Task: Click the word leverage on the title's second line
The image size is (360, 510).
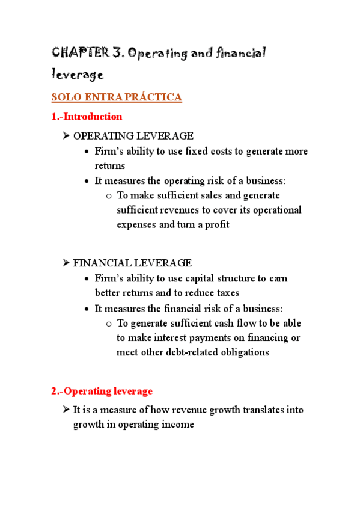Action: [x=78, y=75]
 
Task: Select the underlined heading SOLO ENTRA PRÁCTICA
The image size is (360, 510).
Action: [x=117, y=97]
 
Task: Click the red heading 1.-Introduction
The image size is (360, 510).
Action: [x=87, y=116]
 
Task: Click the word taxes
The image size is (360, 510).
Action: [x=227, y=293]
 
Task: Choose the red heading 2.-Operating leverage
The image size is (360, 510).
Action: [x=102, y=391]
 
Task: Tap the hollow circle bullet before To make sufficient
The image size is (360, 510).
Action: [x=109, y=195]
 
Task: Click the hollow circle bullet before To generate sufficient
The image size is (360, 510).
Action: [x=109, y=324]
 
